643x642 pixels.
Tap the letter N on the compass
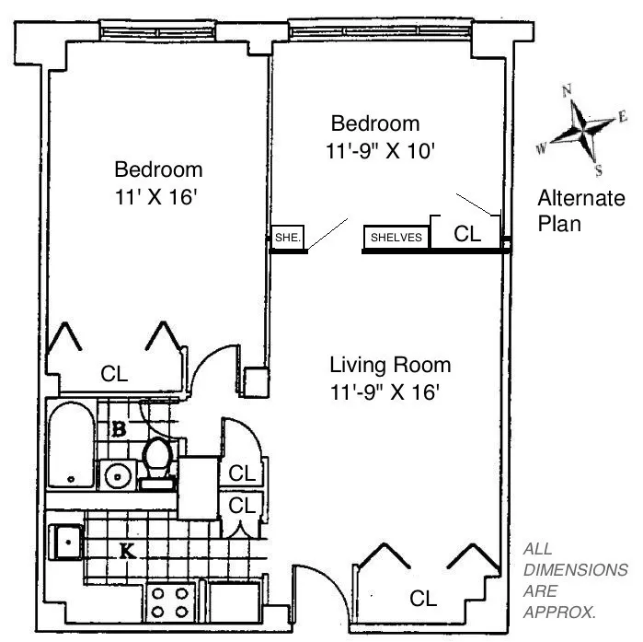click(x=568, y=89)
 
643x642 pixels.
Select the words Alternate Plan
click(x=580, y=211)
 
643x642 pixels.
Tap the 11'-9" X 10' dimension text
click(x=378, y=150)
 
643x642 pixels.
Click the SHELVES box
click(x=396, y=238)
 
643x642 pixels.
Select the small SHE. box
click(x=288, y=238)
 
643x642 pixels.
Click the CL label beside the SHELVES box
click(x=468, y=235)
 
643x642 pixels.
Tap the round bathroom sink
click(x=117, y=476)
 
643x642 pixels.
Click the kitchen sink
click(x=68, y=541)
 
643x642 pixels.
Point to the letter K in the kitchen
click(x=127, y=553)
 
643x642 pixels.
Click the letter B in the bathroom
click(x=119, y=429)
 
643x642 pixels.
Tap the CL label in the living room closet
click(x=422, y=599)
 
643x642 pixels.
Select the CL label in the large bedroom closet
click(x=114, y=373)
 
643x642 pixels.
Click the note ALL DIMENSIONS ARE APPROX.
click(x=561, y=580)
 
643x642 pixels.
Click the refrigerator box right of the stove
click(x=235, y=603)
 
